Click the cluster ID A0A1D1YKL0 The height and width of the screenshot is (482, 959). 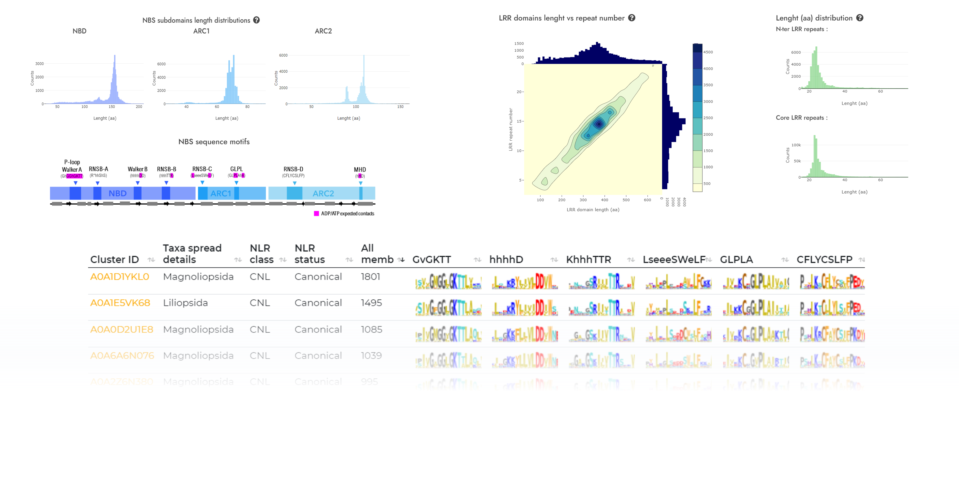click(120, 277)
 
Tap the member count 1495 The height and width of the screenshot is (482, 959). click(371, 303)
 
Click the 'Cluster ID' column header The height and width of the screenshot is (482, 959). click(114, 260)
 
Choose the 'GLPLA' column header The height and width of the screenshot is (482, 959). click(736, 260)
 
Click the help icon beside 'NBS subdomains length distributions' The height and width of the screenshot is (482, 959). click(257, 20)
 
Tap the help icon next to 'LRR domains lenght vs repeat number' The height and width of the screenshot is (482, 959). click(632, 18)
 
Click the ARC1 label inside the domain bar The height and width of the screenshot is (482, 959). click(220, 193)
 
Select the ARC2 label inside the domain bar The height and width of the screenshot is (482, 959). click(323, 193)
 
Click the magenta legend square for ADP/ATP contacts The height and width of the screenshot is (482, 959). click(316, 214)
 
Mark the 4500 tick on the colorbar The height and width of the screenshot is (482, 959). click(708, 52)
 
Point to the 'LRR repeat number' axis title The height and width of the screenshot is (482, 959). click(510, 130)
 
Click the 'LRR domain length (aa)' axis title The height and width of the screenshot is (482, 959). click(593, 210)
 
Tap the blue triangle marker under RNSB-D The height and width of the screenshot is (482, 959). click(294, 183)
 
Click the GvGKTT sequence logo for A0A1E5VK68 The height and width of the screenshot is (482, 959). click(448, 308)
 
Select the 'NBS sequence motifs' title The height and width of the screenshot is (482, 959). click(214, 142)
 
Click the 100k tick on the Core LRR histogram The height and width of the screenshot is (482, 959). click(796, 145)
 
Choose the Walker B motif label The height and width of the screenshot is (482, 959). click(137, 169)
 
